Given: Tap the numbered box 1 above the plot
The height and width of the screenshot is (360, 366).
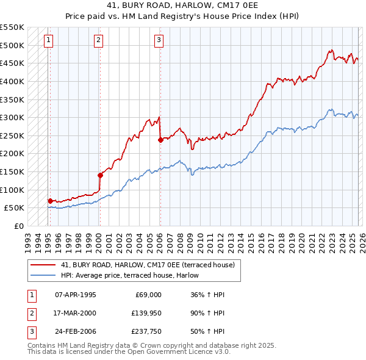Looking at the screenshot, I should [48, 41].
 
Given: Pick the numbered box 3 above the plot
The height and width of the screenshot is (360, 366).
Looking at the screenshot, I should [158, 41].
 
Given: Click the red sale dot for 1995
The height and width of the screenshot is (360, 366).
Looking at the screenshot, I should [50, 201].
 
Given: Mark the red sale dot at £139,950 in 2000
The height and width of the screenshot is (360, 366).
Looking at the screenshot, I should [100, 175].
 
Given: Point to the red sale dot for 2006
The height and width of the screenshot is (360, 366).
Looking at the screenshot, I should [160, 140].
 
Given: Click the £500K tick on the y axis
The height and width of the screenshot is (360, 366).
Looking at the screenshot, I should [12, 45].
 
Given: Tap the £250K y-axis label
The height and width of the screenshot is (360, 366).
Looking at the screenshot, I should [12, 135].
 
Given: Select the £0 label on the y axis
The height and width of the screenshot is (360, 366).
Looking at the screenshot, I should [18, 226].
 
